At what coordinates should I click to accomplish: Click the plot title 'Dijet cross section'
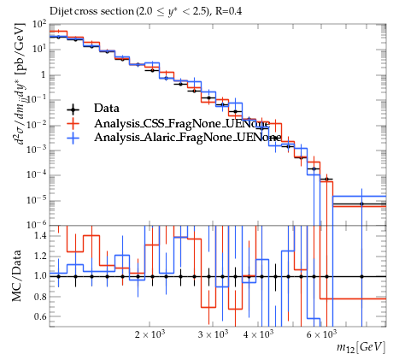91,11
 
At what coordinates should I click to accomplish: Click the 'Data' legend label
107,109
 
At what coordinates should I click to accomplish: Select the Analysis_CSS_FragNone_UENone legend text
182,123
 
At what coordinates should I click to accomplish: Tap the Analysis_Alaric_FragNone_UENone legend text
188,138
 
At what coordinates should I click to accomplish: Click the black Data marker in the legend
73,109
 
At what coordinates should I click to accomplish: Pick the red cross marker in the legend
73,123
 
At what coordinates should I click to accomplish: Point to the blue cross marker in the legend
73,139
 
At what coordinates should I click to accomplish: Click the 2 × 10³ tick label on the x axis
150,334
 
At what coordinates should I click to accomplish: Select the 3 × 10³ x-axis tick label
213,334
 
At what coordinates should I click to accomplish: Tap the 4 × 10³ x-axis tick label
258,334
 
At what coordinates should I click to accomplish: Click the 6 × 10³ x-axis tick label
321,334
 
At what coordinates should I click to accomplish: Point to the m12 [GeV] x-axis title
361,347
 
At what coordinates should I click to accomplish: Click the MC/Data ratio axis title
16,275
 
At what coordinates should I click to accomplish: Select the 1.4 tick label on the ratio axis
41,235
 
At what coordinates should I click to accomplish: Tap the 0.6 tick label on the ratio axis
41,316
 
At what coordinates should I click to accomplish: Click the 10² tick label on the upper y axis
40,25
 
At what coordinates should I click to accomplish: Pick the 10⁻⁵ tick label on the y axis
37,200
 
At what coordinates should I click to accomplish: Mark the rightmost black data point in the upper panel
361,204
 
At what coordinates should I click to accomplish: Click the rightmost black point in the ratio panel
361,276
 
